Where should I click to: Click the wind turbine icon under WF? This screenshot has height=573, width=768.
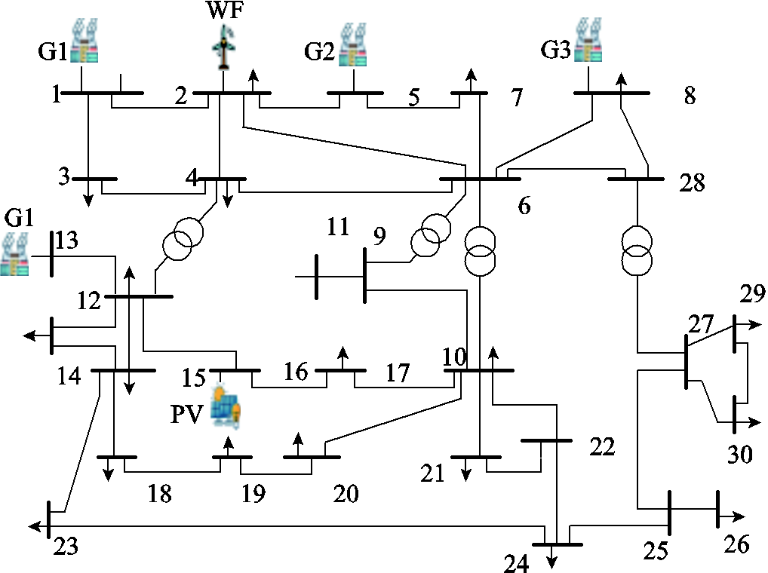(x=224, y=47)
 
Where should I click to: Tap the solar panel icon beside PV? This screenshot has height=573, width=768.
(x=226, y=407)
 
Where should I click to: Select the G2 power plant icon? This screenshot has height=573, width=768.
(x=352, y=45)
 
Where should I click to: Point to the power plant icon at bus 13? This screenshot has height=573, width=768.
(x=14, y=254)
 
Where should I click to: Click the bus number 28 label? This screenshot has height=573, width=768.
(x=692, y=183)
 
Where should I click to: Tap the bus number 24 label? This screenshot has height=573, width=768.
(x=516, y=564)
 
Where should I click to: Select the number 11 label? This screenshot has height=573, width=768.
(x=338, y=226)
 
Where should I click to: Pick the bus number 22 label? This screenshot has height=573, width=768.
(x=602, y=447)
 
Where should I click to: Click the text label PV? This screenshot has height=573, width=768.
(x=186, y=415)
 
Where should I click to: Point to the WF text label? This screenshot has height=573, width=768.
(x=225, y=10)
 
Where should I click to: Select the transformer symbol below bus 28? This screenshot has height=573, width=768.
(x=637, y=250)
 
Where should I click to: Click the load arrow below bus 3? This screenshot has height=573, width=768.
(x=88, y=193)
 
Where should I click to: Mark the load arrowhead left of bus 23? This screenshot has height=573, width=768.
(x=34, y=526)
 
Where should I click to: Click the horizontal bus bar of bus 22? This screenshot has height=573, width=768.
(x=546, y=441)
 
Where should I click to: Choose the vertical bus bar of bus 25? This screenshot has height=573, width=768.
(x=669, y=513)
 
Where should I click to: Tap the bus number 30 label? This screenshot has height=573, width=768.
(x=739, y=455)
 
